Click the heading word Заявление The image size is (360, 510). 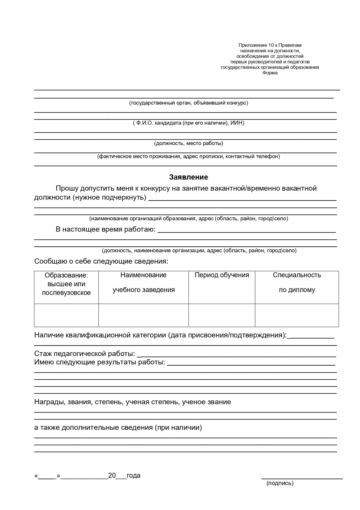(x=189, y=177)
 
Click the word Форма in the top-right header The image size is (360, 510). (x=270, y=73)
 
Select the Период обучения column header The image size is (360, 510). (x=222, y=275)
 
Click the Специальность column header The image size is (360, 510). (x=297, y=275)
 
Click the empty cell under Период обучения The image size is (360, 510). (x=222, y=315)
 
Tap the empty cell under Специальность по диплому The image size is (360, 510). (x=297, y=315)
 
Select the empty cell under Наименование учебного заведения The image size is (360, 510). (x=143, y=315)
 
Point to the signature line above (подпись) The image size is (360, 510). (x=302, y=478)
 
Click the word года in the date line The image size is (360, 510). (x=133, y=476)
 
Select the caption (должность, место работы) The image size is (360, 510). (x=189, y=143)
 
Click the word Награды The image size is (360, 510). (x=47, y=402)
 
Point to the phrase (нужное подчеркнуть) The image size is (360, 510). (x=110, y=197)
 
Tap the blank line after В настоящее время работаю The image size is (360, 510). (x=247, y=232)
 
